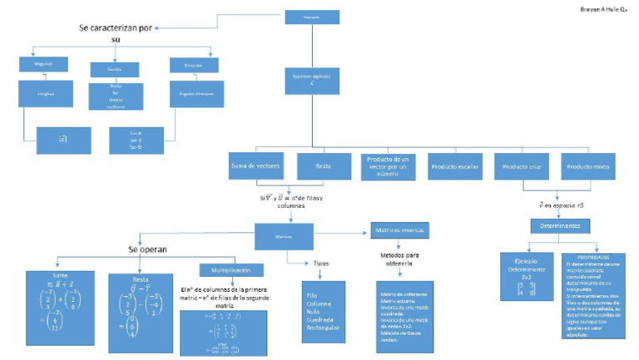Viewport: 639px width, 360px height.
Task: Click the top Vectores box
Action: (x=311, y=17)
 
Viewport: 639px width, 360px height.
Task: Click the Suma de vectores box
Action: (x=257, y=165)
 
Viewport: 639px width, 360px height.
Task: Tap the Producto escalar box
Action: (x=455, y=165)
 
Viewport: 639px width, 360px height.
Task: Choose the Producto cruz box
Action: (x=521, y=165)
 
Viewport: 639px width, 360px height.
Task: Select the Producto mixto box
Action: (x=587, y=165)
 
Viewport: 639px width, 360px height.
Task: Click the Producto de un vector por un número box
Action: (x=389, y=166)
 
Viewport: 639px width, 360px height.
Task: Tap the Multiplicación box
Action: (x=231, y=269)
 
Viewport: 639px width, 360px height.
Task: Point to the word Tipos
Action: (x=319, y=263)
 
